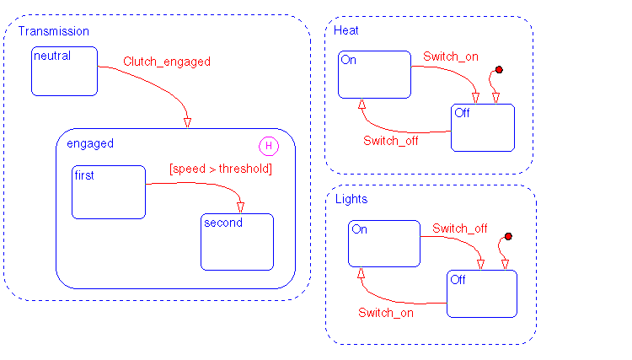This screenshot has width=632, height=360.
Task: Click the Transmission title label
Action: pos(54,31)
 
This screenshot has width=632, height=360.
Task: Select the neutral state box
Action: pos(65,71)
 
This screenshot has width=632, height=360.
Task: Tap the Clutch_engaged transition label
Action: pos(167,62)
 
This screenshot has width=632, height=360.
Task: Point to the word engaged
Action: pos(90,143)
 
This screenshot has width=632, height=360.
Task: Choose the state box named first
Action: pos(109,192)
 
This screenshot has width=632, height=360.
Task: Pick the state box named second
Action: pos(238,241)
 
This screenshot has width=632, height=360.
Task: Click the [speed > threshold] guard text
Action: pos(221,169)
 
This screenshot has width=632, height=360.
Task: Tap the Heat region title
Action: pos(345,30)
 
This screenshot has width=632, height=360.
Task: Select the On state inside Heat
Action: pos(374,75)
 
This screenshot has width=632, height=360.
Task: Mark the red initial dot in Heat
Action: pos(499,69)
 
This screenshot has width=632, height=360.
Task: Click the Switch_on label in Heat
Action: pos(451,56)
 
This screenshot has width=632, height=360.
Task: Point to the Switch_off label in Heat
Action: pos(391,141)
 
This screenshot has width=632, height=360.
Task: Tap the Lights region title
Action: pos(351,200)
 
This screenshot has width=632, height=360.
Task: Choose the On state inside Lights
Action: pos(384,244)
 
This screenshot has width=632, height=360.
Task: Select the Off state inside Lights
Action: pos(481,293)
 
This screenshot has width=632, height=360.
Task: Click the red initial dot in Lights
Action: pos(508,236)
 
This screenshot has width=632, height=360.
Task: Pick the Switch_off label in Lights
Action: pos(460,228)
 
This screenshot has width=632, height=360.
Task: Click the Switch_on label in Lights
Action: pos(386,313)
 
